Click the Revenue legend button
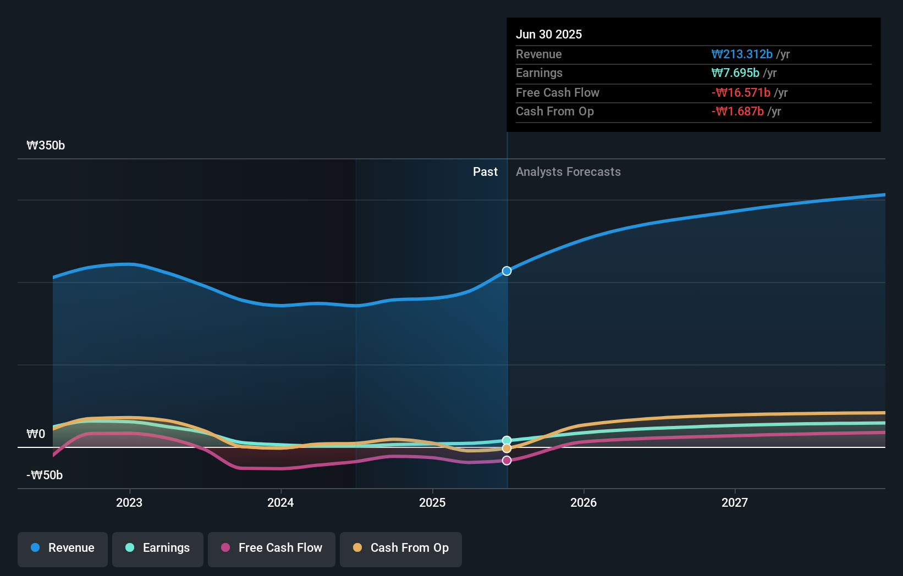63,548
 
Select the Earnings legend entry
158,548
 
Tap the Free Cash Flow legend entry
272,548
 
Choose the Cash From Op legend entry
401,548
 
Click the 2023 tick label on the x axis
129,502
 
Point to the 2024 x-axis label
280,502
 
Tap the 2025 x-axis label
432,502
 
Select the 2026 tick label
583,502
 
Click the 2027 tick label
735,502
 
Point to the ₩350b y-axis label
46,146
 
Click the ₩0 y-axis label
36,434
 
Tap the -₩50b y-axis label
45,475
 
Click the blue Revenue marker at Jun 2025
507,271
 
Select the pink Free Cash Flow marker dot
507,461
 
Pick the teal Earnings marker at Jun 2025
507,440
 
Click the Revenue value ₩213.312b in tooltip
742,54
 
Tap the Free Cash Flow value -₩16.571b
741,93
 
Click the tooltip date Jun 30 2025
549,34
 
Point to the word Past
485,172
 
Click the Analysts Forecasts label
568,172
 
